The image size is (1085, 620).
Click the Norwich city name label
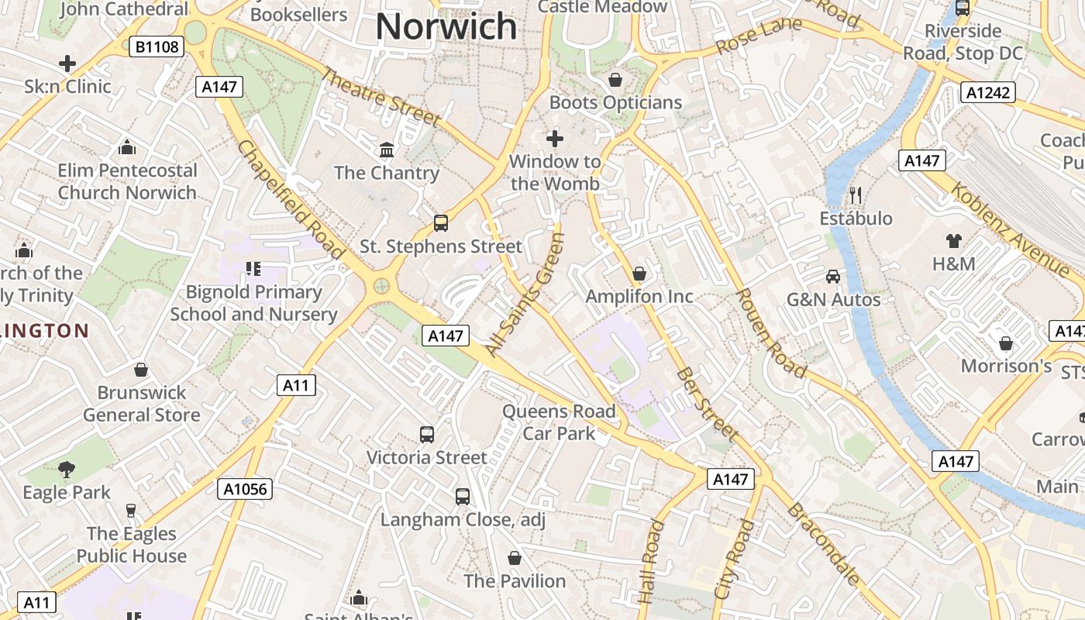[446, 26]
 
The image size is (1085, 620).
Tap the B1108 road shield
[157, 47]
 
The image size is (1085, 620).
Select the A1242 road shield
[988, 93]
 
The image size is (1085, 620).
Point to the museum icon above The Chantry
[387, 149]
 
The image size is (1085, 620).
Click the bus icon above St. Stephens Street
[440, 223]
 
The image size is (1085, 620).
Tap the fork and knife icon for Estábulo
[856, 195]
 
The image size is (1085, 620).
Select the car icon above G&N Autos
[833, 276]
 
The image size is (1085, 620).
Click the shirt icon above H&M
[953, 240]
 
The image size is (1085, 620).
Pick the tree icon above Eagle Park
[67, 468]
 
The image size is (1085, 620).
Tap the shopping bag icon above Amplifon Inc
[639, 273]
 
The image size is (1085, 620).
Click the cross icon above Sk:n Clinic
[67, 63]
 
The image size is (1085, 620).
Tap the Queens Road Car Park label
[559, 422]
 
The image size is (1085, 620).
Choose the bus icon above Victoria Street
[426, 434]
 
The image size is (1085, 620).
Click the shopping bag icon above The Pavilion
[514, 558]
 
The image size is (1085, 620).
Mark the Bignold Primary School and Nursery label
[253, 303]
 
